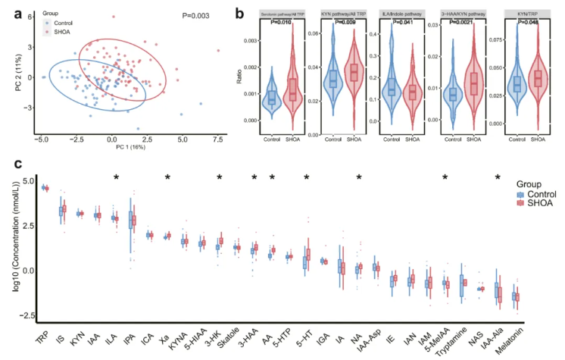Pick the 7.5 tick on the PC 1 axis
tap(218, 139)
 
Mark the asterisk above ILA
tap(115, 177)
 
